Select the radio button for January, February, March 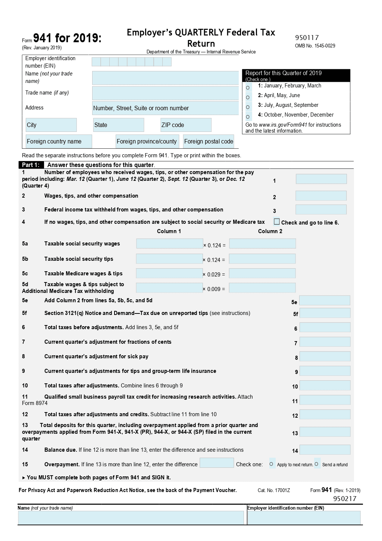pyautogui.click(x=248, y=88)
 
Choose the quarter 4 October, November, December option pyautogui.click(x=248, y=117)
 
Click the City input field pyautogui.click(x=51, y=125)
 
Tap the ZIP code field pyautogui.click(x=186, y=125)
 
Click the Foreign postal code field pyautogui.click(x=209, y=141)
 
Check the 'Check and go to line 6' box pyautogui.click(x=276, y=222)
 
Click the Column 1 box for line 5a pyautogui.click(x=169, y=244)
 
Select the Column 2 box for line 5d pyautogui.click(x=262, y=288)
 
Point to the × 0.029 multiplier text pyautogui.click(x=214, y=275)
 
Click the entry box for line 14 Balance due pyautogui.click(x=325, y=450)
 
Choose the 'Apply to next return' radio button pyautogui.click(x=272, y=464)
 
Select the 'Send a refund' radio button pyautogui.click(x=317, y=464)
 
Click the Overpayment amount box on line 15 pyautogui.click(x=217, y=463)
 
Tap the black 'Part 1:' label pyautogui.click(x=31, y=165)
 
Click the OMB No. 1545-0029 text pyautogui.click(x=315, y=46)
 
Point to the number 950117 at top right pyautogui.click(x=307, y=38)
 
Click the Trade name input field pyautogui.click(x=165, y=93)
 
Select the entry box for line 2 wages pyautogui.click(x=321, y=196)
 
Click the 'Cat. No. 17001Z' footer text pyautogui.click(x=273, y=490)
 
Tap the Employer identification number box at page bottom pyautogui.click(x=304, y=518)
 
